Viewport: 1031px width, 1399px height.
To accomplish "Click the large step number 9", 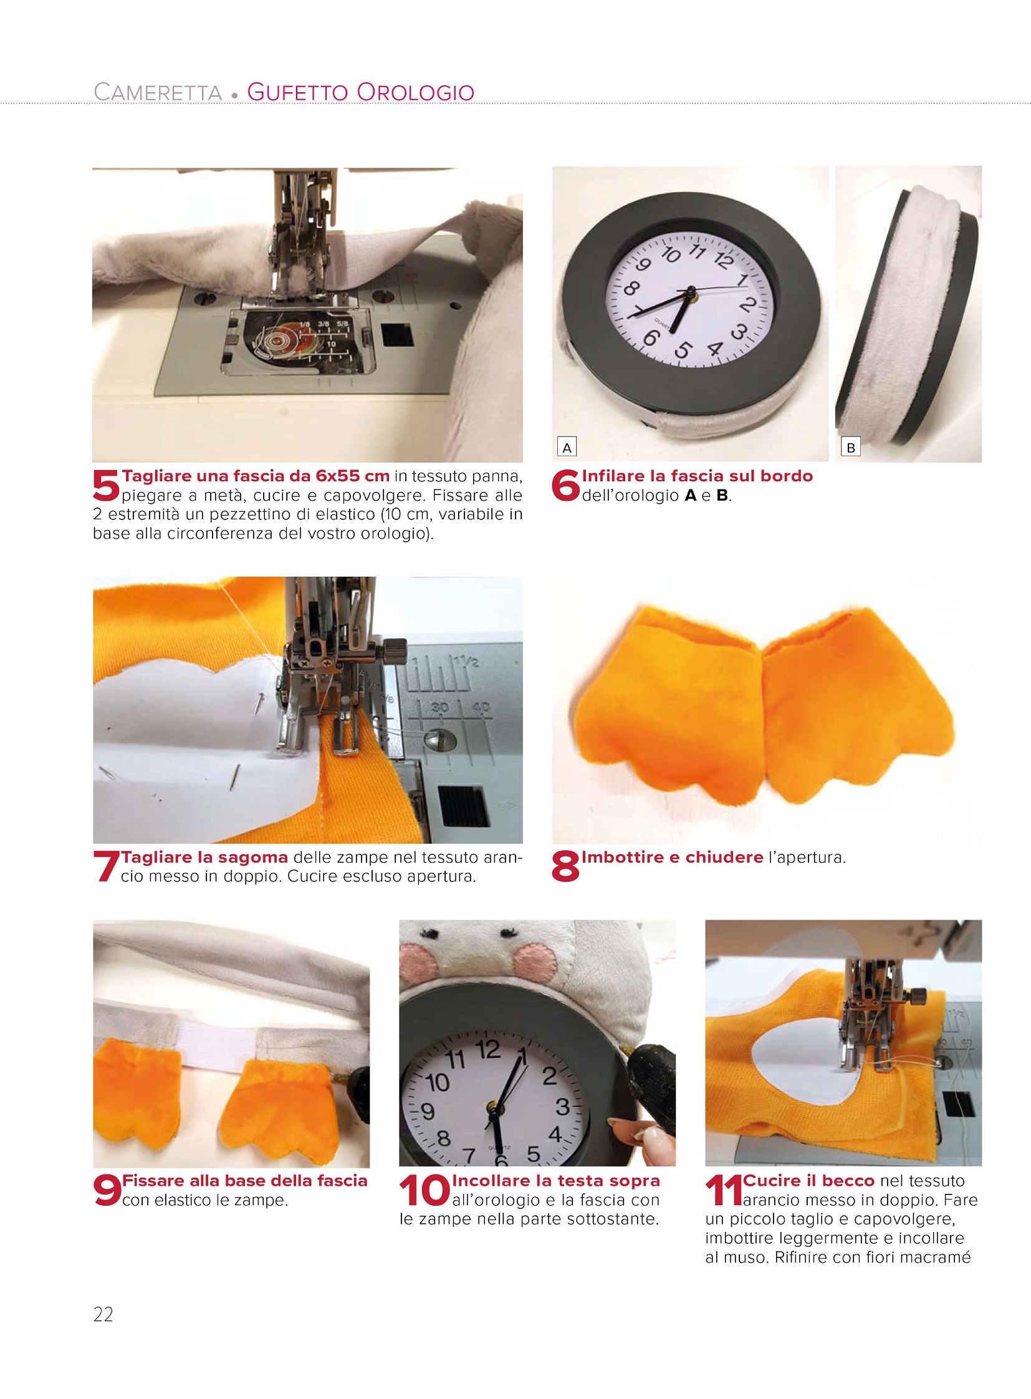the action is coord(106,1191).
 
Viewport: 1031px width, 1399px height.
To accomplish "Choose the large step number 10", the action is coord(424,1191).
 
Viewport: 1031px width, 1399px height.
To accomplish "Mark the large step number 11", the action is coord(724,1191).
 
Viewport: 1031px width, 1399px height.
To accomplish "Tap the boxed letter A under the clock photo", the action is coord(567,448).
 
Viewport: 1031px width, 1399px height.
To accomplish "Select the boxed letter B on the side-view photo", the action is coord(851,448).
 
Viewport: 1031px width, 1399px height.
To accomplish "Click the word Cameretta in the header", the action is coord(158,92).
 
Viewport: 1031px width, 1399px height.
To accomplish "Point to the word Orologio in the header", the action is coord(416,92).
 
